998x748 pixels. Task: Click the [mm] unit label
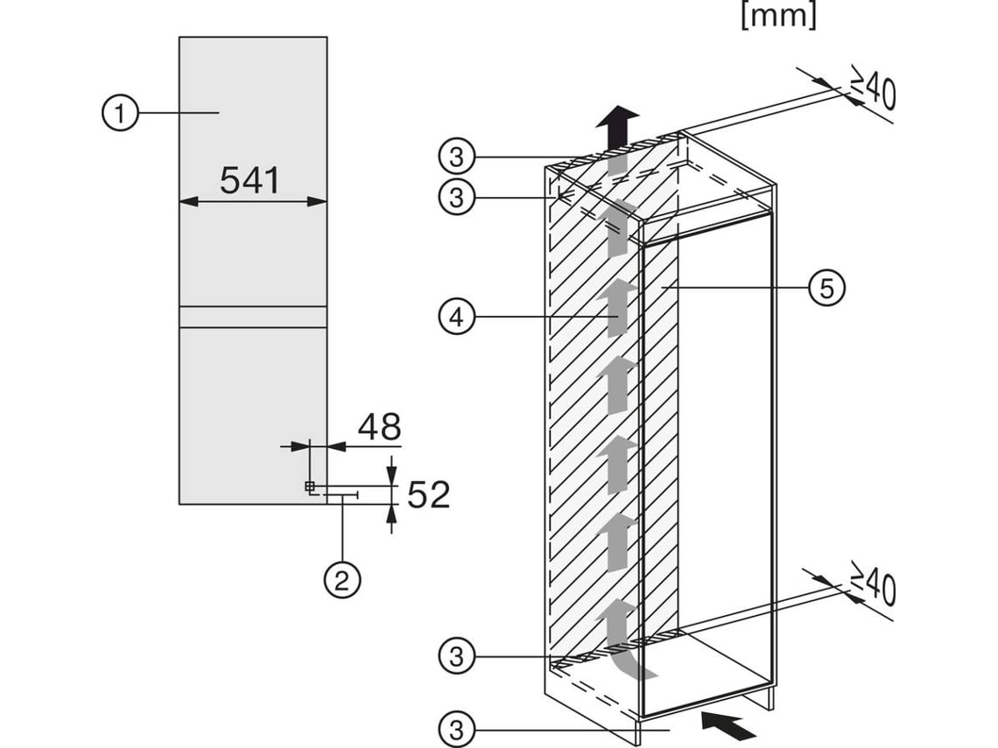(777, 17)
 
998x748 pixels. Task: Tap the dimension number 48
(379, 427)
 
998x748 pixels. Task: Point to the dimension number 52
(429, 495)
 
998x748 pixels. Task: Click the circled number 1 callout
(120, 113)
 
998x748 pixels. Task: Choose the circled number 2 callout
(342, 579)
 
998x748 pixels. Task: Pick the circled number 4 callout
(456, 318)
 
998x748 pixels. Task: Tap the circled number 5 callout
(827, 287)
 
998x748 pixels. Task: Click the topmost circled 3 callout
(456, 157)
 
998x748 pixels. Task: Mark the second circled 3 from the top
(456, 198)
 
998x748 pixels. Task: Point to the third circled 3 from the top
(456, 655)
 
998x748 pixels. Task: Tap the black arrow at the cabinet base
(728, 724)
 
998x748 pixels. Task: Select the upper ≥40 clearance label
(873, 89)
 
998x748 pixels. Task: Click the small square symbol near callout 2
(309, 486)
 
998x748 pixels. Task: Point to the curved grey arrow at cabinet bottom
(623, 640)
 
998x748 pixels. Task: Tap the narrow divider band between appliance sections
(253, 317)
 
